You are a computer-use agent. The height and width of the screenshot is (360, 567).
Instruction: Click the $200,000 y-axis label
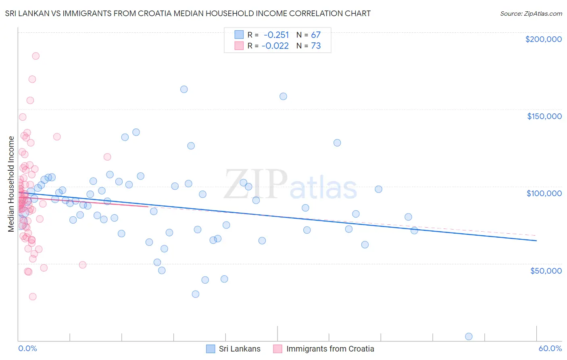543,39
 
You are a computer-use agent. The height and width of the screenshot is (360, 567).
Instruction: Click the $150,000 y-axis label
544,116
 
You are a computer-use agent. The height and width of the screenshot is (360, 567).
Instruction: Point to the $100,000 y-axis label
544,193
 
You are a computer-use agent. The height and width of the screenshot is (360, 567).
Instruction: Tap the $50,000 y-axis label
546,270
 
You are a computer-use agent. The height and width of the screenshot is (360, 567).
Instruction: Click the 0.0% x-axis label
27,348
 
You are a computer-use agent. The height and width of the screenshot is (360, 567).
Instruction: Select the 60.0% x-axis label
550,348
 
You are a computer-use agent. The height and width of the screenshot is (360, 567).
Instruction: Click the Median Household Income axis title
11,184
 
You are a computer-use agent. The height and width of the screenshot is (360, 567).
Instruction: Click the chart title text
188,13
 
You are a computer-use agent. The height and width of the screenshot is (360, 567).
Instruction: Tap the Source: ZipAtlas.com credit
531,13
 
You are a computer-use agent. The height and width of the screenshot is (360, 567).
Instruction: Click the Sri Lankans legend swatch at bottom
211,349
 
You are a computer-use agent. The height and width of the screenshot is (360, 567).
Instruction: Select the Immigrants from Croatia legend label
330,349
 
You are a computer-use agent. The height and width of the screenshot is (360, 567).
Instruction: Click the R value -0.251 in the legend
276,35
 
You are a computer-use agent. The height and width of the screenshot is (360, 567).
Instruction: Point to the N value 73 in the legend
316,46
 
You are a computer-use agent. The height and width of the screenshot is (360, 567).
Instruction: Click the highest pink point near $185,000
36,56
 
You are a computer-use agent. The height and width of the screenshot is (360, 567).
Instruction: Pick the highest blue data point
184,89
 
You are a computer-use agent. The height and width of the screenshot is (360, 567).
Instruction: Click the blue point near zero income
469,337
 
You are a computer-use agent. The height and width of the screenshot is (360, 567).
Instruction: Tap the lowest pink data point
33,297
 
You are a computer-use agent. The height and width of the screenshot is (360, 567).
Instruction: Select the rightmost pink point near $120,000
107,157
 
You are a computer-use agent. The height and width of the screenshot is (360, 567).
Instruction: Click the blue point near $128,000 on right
337,143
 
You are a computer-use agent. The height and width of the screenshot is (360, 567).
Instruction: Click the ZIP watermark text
256,184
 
